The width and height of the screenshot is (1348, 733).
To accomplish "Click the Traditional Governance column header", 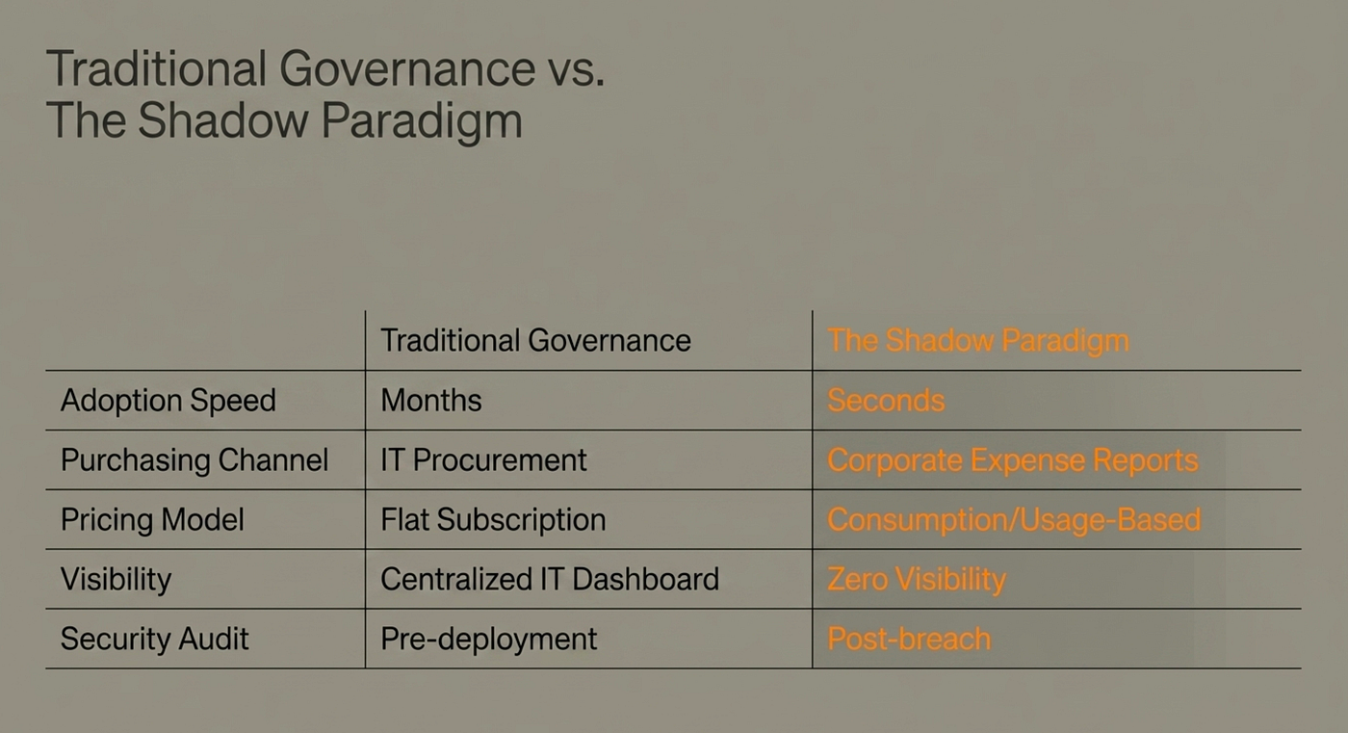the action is [535, 341].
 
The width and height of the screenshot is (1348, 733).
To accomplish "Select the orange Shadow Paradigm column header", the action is [978, 341].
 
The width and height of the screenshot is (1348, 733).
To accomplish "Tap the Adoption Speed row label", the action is [168, 401].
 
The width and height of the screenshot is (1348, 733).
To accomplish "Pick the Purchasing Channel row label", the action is [194, 460].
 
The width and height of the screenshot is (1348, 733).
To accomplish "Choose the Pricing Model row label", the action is [152, 519].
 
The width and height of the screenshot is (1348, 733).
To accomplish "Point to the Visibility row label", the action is [117, 580].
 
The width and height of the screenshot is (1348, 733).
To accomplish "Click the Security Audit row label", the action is [155, 639].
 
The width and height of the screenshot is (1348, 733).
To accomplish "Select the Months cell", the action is [431, 400].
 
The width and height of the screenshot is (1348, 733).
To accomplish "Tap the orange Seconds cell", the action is [886, 400].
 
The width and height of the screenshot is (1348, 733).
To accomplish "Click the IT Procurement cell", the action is [483, 459].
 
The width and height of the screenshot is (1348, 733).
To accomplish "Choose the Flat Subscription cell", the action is [493, 520].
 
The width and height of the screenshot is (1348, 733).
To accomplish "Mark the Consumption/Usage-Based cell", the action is [1015, 520].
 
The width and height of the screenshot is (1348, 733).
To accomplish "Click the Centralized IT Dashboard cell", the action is [550, 579].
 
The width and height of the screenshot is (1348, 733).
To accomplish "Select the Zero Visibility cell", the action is [917, 580].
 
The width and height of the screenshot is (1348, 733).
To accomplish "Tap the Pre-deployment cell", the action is [489, 640].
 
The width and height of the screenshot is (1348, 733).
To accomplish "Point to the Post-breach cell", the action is [909, 640].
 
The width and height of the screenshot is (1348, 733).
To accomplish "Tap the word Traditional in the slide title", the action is [156, 68].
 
